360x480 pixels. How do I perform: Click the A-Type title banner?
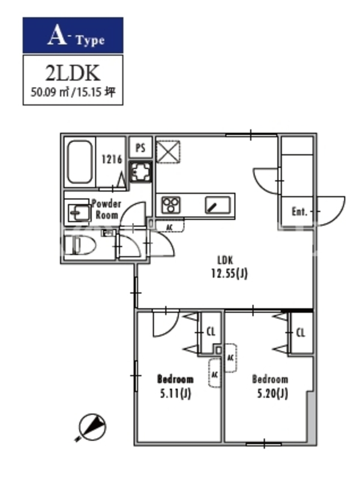(73, 35)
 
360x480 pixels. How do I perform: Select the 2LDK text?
(73, 73)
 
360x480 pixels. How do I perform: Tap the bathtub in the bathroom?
(80, 162)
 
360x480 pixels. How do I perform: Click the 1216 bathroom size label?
(112, 159)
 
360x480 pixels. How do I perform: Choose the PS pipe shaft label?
(140, 148)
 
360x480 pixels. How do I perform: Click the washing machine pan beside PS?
(141, 172)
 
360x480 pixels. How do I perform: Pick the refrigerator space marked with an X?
(168, 152)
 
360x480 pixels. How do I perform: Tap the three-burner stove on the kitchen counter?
(171, 205)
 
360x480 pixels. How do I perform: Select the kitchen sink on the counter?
(218, 205)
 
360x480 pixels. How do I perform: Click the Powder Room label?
(106, 209)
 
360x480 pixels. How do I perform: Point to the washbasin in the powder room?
(79, 211)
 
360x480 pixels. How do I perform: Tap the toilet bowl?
(80, 245)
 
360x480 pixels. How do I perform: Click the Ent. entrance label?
(299, 212)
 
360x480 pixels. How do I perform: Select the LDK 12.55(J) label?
(229, 267)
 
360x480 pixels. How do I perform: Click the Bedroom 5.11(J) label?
(175, 386)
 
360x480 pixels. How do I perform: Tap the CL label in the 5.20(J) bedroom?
(301, 332)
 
